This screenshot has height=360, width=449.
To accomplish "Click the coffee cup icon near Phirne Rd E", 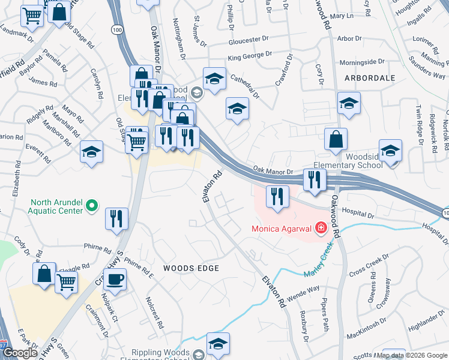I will point(115,279).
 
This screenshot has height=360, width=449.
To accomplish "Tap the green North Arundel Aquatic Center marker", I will point(92,206).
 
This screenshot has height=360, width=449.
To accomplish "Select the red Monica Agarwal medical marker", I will point(321,228).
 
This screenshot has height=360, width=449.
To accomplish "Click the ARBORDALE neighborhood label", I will point(370,78).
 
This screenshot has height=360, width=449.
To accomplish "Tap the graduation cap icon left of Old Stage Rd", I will point(91,152).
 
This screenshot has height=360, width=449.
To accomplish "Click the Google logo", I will point(20,353).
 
